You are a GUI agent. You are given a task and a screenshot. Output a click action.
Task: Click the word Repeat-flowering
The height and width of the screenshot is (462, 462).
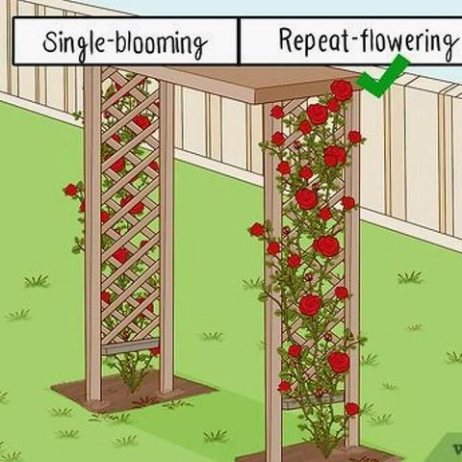click(x=368, y=41)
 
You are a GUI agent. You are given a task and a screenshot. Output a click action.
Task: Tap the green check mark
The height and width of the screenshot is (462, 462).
click(x=383, y=76)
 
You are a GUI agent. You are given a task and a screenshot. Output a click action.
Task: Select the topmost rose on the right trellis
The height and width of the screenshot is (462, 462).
click(x=342, y=90)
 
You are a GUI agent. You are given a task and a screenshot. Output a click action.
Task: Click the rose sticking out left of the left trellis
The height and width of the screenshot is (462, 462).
click(x=71, y=191)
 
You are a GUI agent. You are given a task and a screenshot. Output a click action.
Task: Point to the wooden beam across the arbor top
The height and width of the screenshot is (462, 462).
click(x=244, y=84)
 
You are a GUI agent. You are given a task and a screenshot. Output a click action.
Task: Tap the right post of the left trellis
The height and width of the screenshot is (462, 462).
click(x=167, y=238)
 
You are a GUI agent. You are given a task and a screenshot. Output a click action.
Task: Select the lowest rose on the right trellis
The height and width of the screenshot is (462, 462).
click(x=352, y=409)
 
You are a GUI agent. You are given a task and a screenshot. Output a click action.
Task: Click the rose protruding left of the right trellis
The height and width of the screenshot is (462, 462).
click(x=257, y=230)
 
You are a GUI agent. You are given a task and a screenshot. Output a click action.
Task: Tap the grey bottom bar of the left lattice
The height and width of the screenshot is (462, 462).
click(x=130, y=346)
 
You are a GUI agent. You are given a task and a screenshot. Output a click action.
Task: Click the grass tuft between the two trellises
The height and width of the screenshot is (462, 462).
click(x=212, y=336)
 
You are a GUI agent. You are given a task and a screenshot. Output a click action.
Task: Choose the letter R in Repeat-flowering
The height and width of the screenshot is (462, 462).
click(x=287, y=40)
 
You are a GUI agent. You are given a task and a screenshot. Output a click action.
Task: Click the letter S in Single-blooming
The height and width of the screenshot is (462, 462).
click(x=51, y=42)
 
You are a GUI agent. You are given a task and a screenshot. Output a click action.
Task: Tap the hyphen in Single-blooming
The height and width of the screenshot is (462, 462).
click(x=110, y=44)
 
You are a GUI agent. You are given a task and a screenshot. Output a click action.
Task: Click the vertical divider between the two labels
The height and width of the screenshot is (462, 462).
click(x=239, y=40)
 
